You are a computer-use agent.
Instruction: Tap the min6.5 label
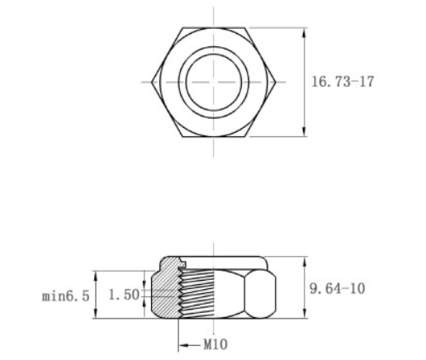65,295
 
